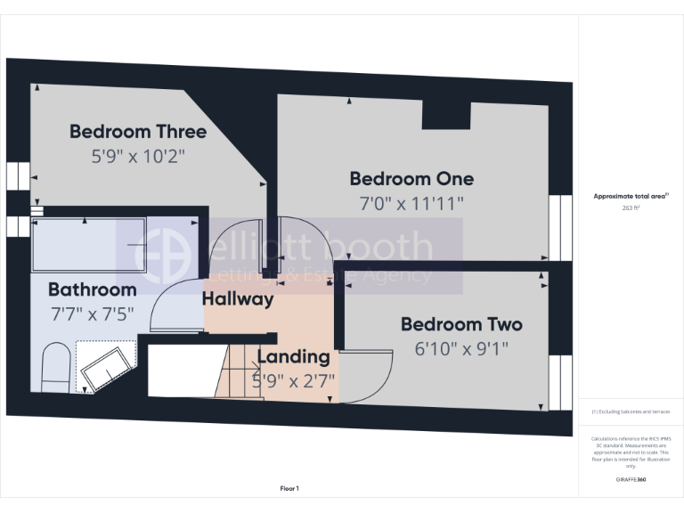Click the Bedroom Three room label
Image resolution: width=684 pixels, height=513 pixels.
coord(138,132)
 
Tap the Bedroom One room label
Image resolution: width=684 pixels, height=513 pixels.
coord(411,178)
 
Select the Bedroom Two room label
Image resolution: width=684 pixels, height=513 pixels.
coord(460,324)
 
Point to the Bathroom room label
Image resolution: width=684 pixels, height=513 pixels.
coord(92,289)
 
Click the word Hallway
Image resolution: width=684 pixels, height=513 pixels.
coord(237,299)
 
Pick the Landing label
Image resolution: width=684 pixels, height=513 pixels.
coord(293,357)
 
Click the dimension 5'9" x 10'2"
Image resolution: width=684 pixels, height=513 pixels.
coord(138,155)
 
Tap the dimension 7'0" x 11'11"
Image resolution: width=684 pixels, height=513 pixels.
coord(411,203)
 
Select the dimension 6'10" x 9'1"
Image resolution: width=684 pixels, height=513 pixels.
coord(460,348)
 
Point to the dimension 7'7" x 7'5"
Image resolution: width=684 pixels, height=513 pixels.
coord(92,313)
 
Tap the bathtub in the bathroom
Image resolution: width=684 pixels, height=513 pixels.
coord(88,243)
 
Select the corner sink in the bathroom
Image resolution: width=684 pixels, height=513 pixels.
coord(108,365)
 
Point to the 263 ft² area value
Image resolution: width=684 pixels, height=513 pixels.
coord(631,208)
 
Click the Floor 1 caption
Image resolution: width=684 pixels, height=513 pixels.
coord(289,488)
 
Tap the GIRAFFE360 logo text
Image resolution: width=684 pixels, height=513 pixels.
coord(631,480)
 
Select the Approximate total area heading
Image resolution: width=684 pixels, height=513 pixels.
coord(631,196)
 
